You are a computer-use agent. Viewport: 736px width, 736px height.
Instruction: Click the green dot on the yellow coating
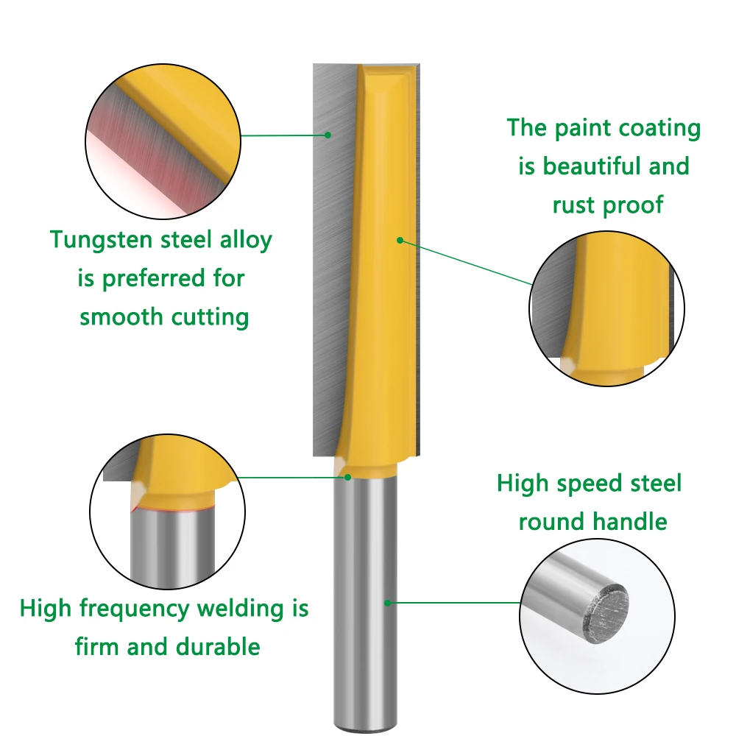(x=400, y=239)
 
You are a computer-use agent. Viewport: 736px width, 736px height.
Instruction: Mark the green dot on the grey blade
(x=329, y=135)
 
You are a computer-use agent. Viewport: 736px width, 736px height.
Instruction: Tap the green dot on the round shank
(x=387, y=602)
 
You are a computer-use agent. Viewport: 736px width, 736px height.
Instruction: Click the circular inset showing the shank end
(x=597, y=616)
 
